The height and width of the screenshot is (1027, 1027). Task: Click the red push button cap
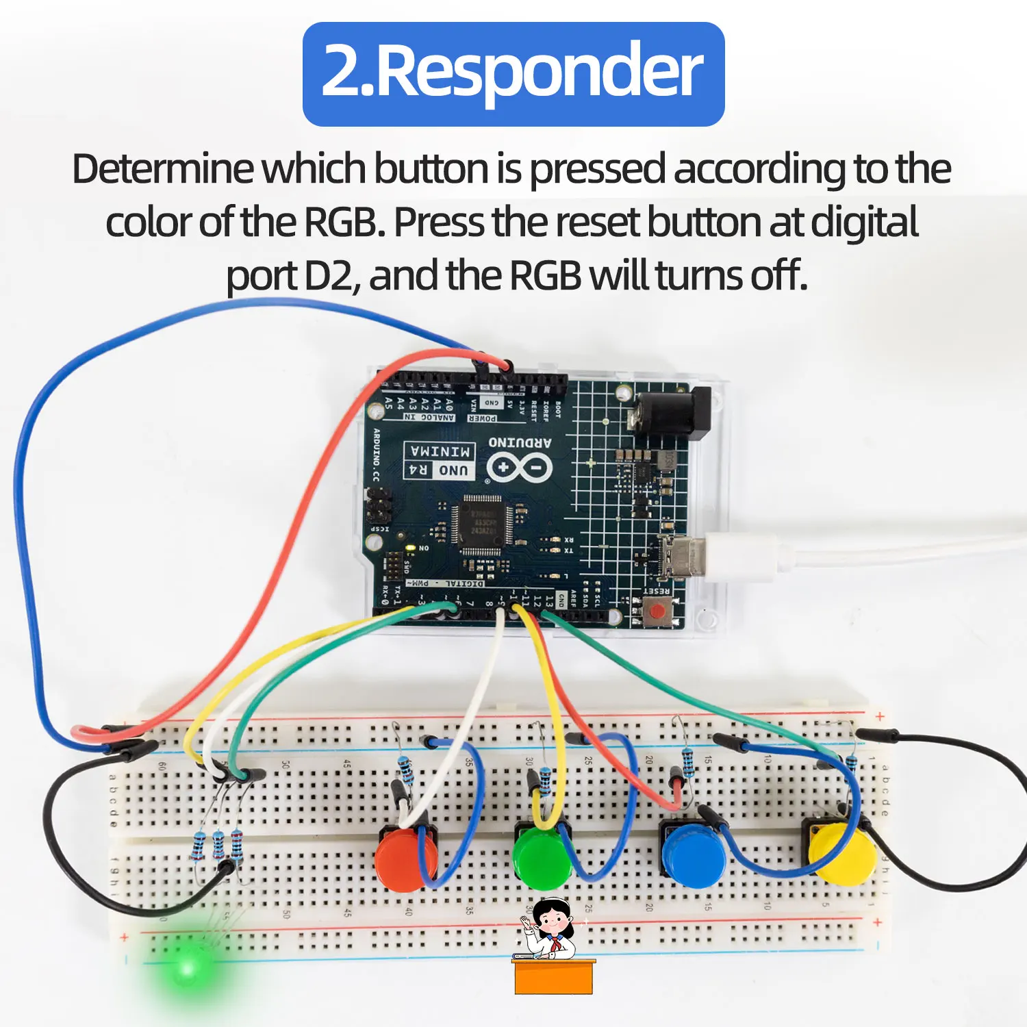[x=404, y=859]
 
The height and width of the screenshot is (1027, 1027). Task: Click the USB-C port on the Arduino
[x=682, y=555]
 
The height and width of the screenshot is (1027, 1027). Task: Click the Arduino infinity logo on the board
[x=519, y=468]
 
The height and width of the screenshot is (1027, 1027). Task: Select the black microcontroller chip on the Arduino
[x=483, y=523]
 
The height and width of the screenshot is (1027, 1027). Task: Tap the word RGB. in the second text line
[x=343, y=223]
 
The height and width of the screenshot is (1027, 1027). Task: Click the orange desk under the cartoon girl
[x=553, y=977]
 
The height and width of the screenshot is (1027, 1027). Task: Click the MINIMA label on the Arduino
[x=440, y=451]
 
